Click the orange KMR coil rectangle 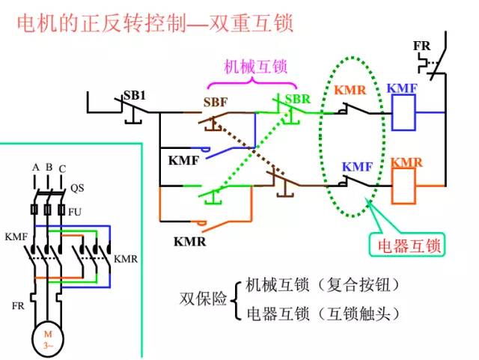[405, 186]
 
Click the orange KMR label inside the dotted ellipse [350, 91]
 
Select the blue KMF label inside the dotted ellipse [357, 166]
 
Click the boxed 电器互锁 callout [409, 245]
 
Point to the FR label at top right [422, 46]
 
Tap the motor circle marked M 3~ [48, 338]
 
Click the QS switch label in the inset [77, 188]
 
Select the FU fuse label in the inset [74, 212]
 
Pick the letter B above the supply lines [48, 168]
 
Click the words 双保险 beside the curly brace [202, 299]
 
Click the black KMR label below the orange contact [189, 241]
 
